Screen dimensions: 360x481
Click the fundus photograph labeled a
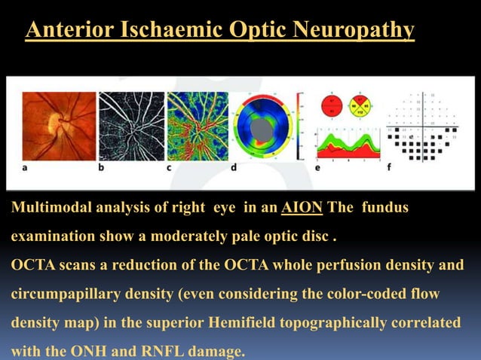pyautogui.click(x=59, y=125)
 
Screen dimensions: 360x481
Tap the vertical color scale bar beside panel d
pyautogui.click(x=300, y=127)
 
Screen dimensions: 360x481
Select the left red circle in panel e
pyautogui.click(x=330, y=106)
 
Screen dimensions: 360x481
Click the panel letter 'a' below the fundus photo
pyautogui.click(x=26, y=168)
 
